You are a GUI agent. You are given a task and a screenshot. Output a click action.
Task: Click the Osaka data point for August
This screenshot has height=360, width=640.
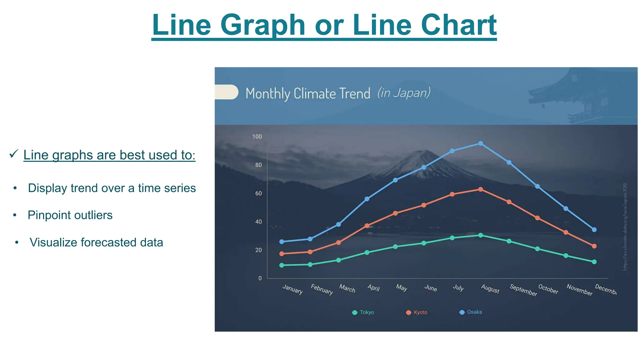tap(481, 143)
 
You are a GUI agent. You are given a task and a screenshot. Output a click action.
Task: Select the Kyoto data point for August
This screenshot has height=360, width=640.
tap(481, 189)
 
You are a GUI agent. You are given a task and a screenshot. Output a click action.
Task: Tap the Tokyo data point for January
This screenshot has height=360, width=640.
tap(282, 265)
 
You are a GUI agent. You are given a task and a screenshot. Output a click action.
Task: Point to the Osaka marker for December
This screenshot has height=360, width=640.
tap(594, 229)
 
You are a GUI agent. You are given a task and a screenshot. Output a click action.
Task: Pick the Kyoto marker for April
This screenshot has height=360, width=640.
tap(367, 226)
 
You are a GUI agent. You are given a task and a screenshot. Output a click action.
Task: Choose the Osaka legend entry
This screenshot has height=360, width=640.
tap(471, 312)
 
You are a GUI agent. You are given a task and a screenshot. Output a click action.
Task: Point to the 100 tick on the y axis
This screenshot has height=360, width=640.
tap(257, 137)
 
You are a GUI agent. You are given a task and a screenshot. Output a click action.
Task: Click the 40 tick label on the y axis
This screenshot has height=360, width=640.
tap(258, 222)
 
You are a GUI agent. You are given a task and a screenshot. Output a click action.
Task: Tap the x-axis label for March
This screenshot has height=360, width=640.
tap(347, 288)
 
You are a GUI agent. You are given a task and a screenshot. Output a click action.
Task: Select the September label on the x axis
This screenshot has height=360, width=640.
tap(523, 290)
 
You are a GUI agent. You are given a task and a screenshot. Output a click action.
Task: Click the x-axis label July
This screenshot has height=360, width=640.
tap(458, 287)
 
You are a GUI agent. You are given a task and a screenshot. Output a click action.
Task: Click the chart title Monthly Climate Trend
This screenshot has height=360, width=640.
tap(307, 94)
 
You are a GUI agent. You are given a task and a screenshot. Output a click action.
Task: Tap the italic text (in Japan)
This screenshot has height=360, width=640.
tap(404, 93)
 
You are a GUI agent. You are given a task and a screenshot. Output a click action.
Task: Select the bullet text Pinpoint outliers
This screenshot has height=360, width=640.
tap(70, 215)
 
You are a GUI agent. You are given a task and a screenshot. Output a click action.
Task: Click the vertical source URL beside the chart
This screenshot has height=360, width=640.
tap(624, 226)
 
